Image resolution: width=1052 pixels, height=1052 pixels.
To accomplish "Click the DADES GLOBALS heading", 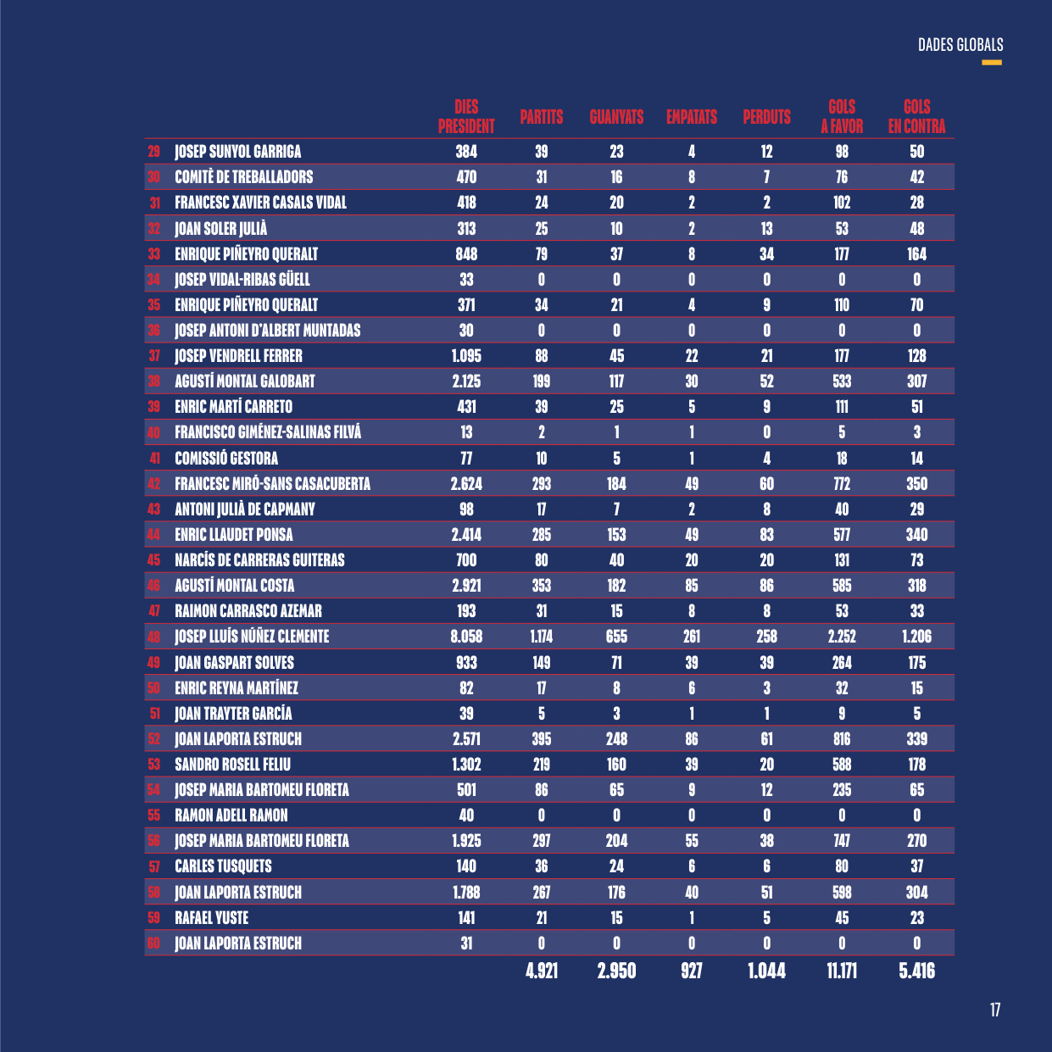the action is point(960,45).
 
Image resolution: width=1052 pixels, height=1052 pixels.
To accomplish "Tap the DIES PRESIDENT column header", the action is point(466,116).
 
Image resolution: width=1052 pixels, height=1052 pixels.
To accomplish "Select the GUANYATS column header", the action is point(616,117).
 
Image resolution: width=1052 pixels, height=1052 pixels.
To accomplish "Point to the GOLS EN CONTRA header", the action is point(916,116).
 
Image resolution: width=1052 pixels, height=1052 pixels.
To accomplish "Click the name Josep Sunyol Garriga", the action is point(238,152).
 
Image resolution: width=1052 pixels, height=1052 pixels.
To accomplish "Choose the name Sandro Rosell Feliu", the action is point(232,765).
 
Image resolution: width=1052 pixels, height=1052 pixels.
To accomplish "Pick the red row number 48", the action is point(154,637).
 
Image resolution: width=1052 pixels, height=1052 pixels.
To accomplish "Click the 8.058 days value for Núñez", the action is point(466,637).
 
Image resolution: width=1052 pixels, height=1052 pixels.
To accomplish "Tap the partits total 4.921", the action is point(542,971).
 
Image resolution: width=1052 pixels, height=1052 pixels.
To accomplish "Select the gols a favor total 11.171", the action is point(842,971).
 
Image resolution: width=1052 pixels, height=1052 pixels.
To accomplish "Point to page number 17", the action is point(995,1010).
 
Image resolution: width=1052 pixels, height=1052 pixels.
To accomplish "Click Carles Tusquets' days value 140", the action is point(466,866).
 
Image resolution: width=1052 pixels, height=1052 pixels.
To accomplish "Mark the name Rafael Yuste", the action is point(211,918).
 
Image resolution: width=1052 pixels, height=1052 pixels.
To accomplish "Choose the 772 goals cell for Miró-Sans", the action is point(842,484).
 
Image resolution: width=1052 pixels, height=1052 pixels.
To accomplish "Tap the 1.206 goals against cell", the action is point(916,637).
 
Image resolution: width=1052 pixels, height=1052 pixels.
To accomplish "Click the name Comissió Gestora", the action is point(226,459).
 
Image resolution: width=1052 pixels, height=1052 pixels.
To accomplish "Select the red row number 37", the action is point(154,356).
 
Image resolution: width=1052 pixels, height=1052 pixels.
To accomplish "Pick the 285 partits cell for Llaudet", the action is point(542,534).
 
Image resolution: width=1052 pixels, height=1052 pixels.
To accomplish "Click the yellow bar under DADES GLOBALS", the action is point(992,63).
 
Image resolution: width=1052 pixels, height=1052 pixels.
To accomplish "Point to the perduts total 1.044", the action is point(766,971).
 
